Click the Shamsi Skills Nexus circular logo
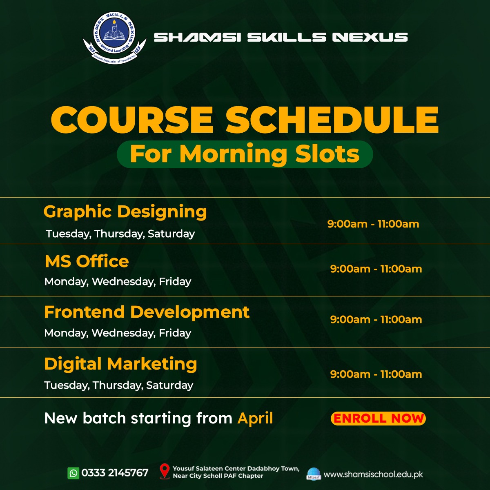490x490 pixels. click(x=114, y=38)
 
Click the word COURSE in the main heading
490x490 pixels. click(x=132, y=119)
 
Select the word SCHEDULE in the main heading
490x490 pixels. click(x=332, y=119)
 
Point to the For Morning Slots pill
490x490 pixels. click(x=245, y=154)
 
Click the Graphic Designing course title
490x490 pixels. click(x=125, y=212)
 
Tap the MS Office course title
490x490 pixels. click(x=87, y=261)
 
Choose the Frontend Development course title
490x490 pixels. click(x=147, y=312)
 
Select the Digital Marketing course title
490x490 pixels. click(x=120, y=364)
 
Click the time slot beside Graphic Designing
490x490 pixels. click(x=373, y=224)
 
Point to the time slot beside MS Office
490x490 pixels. click(x=376, y=269)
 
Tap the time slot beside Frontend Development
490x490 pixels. click(x=376, y=319)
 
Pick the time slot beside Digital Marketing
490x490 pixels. click(x=376, y=374)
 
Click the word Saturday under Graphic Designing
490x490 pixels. click(x=171, y=234)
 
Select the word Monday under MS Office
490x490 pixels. click(x=66, y=282)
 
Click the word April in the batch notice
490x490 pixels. click(x=255, y=419)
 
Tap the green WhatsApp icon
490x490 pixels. click(x=73, y=473)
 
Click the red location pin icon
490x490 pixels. click(x=165, y=471)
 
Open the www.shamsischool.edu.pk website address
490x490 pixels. click(x=373, y=474)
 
